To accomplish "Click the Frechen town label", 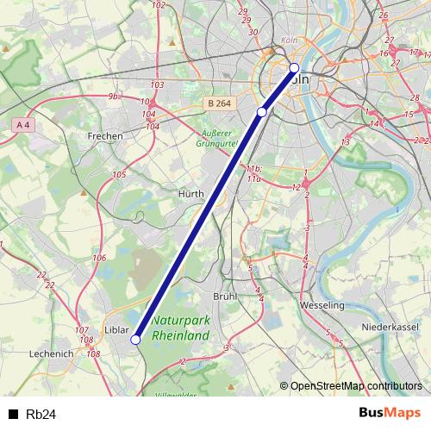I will click(105, 136).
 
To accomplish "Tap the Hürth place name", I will click(191, 195).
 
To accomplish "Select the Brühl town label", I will click(225, 296).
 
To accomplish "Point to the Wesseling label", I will click(322, 305).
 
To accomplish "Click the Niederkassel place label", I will click(390, 328).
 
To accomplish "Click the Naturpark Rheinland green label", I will click(180, 328).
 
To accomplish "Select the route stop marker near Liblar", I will click(135, 340).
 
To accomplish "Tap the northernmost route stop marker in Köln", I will click(294, 67).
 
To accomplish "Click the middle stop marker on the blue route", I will click(262, 111).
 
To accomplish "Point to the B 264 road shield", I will click(219, 103).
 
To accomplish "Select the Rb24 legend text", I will click(41, 415).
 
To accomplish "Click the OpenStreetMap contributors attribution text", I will click(356, 385).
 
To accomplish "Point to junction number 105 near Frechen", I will click(119, 175).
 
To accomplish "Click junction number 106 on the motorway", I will click(99, 259).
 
